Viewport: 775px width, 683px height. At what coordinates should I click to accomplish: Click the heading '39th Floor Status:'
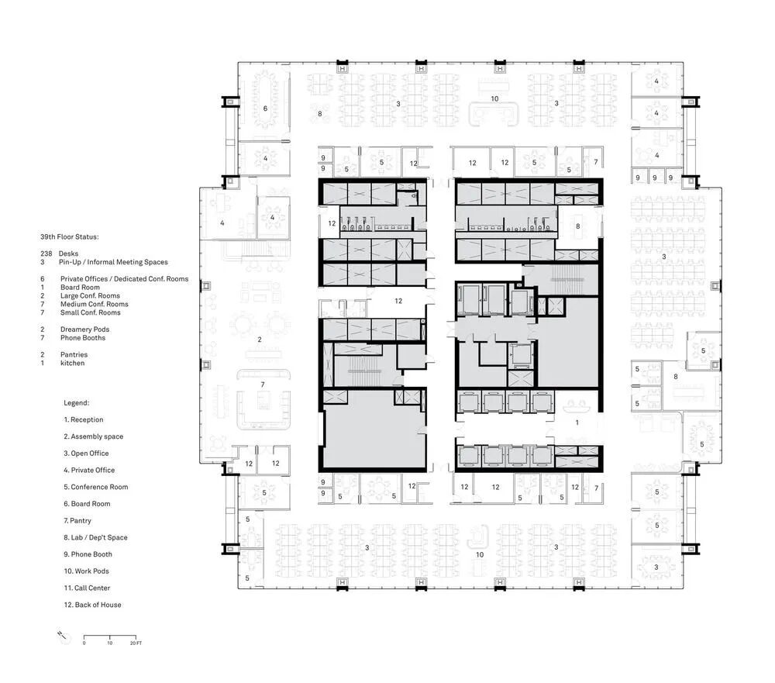click(69, 237)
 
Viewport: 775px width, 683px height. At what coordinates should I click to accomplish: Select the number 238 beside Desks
click(46, 254)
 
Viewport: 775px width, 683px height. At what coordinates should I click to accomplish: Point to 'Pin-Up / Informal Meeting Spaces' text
click(113, 262)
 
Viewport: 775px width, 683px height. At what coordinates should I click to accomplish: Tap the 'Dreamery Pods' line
click(84, 329)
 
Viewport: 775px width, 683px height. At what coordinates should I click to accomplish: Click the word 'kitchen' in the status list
click(72, 363)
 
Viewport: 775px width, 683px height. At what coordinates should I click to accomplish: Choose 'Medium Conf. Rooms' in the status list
click(94, 304)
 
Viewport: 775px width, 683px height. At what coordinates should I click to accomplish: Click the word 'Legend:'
click(76, 403)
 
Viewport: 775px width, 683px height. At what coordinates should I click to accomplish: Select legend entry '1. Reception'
click(84, 420)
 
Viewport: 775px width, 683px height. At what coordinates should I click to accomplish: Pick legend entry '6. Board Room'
click(87, 504)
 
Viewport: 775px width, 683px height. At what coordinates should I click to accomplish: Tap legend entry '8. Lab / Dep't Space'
click(95, 537)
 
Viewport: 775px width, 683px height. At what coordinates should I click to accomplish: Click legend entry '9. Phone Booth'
click(88, 554)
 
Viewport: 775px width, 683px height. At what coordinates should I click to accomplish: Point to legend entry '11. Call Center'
click(87, 588)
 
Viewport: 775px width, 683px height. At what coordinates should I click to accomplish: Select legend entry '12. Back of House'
click(92, 605)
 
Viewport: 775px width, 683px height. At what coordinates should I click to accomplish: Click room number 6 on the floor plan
click(265, 109)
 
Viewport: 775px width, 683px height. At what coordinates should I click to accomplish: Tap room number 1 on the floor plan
click(577, 423)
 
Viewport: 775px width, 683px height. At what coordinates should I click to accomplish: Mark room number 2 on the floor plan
click(260, 340)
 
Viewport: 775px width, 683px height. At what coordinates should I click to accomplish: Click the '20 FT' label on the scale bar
click(136, 643)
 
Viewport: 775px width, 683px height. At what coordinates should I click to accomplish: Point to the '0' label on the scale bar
click(84, 643)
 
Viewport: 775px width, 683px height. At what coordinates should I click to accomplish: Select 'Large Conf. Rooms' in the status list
click(90, 295)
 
